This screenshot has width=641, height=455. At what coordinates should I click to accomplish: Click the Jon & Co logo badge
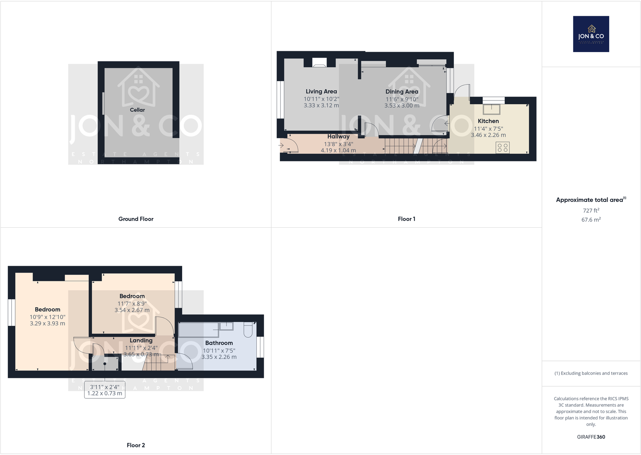click(591, 34)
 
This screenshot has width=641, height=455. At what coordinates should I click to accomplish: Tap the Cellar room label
click(137, 110)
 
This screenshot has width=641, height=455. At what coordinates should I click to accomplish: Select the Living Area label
click(321, 92)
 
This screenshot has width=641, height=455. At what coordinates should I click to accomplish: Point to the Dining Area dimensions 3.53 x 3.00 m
click(402, 106)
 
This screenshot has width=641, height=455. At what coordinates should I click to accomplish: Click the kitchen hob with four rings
click(503, 148)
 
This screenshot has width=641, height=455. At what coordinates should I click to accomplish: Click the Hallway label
click(338, 136)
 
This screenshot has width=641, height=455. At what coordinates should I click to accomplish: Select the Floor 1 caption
click(406, 219)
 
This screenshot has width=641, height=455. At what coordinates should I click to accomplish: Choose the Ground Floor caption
click(136, 219)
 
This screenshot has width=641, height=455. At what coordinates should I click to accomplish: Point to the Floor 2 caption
click(136, 445)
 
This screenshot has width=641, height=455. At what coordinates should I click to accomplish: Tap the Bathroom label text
click(219, 343)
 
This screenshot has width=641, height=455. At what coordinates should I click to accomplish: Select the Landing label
click(141, 340)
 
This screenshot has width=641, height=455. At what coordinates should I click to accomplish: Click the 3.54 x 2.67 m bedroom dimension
click(132, 310)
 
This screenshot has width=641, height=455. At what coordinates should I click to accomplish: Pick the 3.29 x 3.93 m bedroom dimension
click(47, 323)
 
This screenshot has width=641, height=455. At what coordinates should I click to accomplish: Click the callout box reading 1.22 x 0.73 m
click(105, 390)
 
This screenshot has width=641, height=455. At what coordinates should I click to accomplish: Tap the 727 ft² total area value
click(591, 210)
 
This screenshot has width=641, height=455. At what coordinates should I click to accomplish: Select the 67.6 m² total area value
click(591, 220)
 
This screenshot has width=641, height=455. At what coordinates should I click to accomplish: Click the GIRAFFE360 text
click(591, 437)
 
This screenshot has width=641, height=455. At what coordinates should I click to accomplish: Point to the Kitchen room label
click(488, 121)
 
